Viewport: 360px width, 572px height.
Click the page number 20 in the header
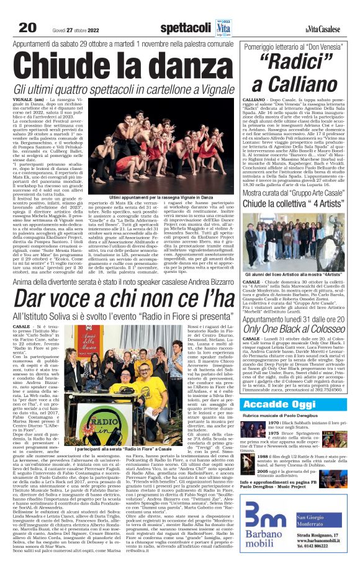click(26, 27)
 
